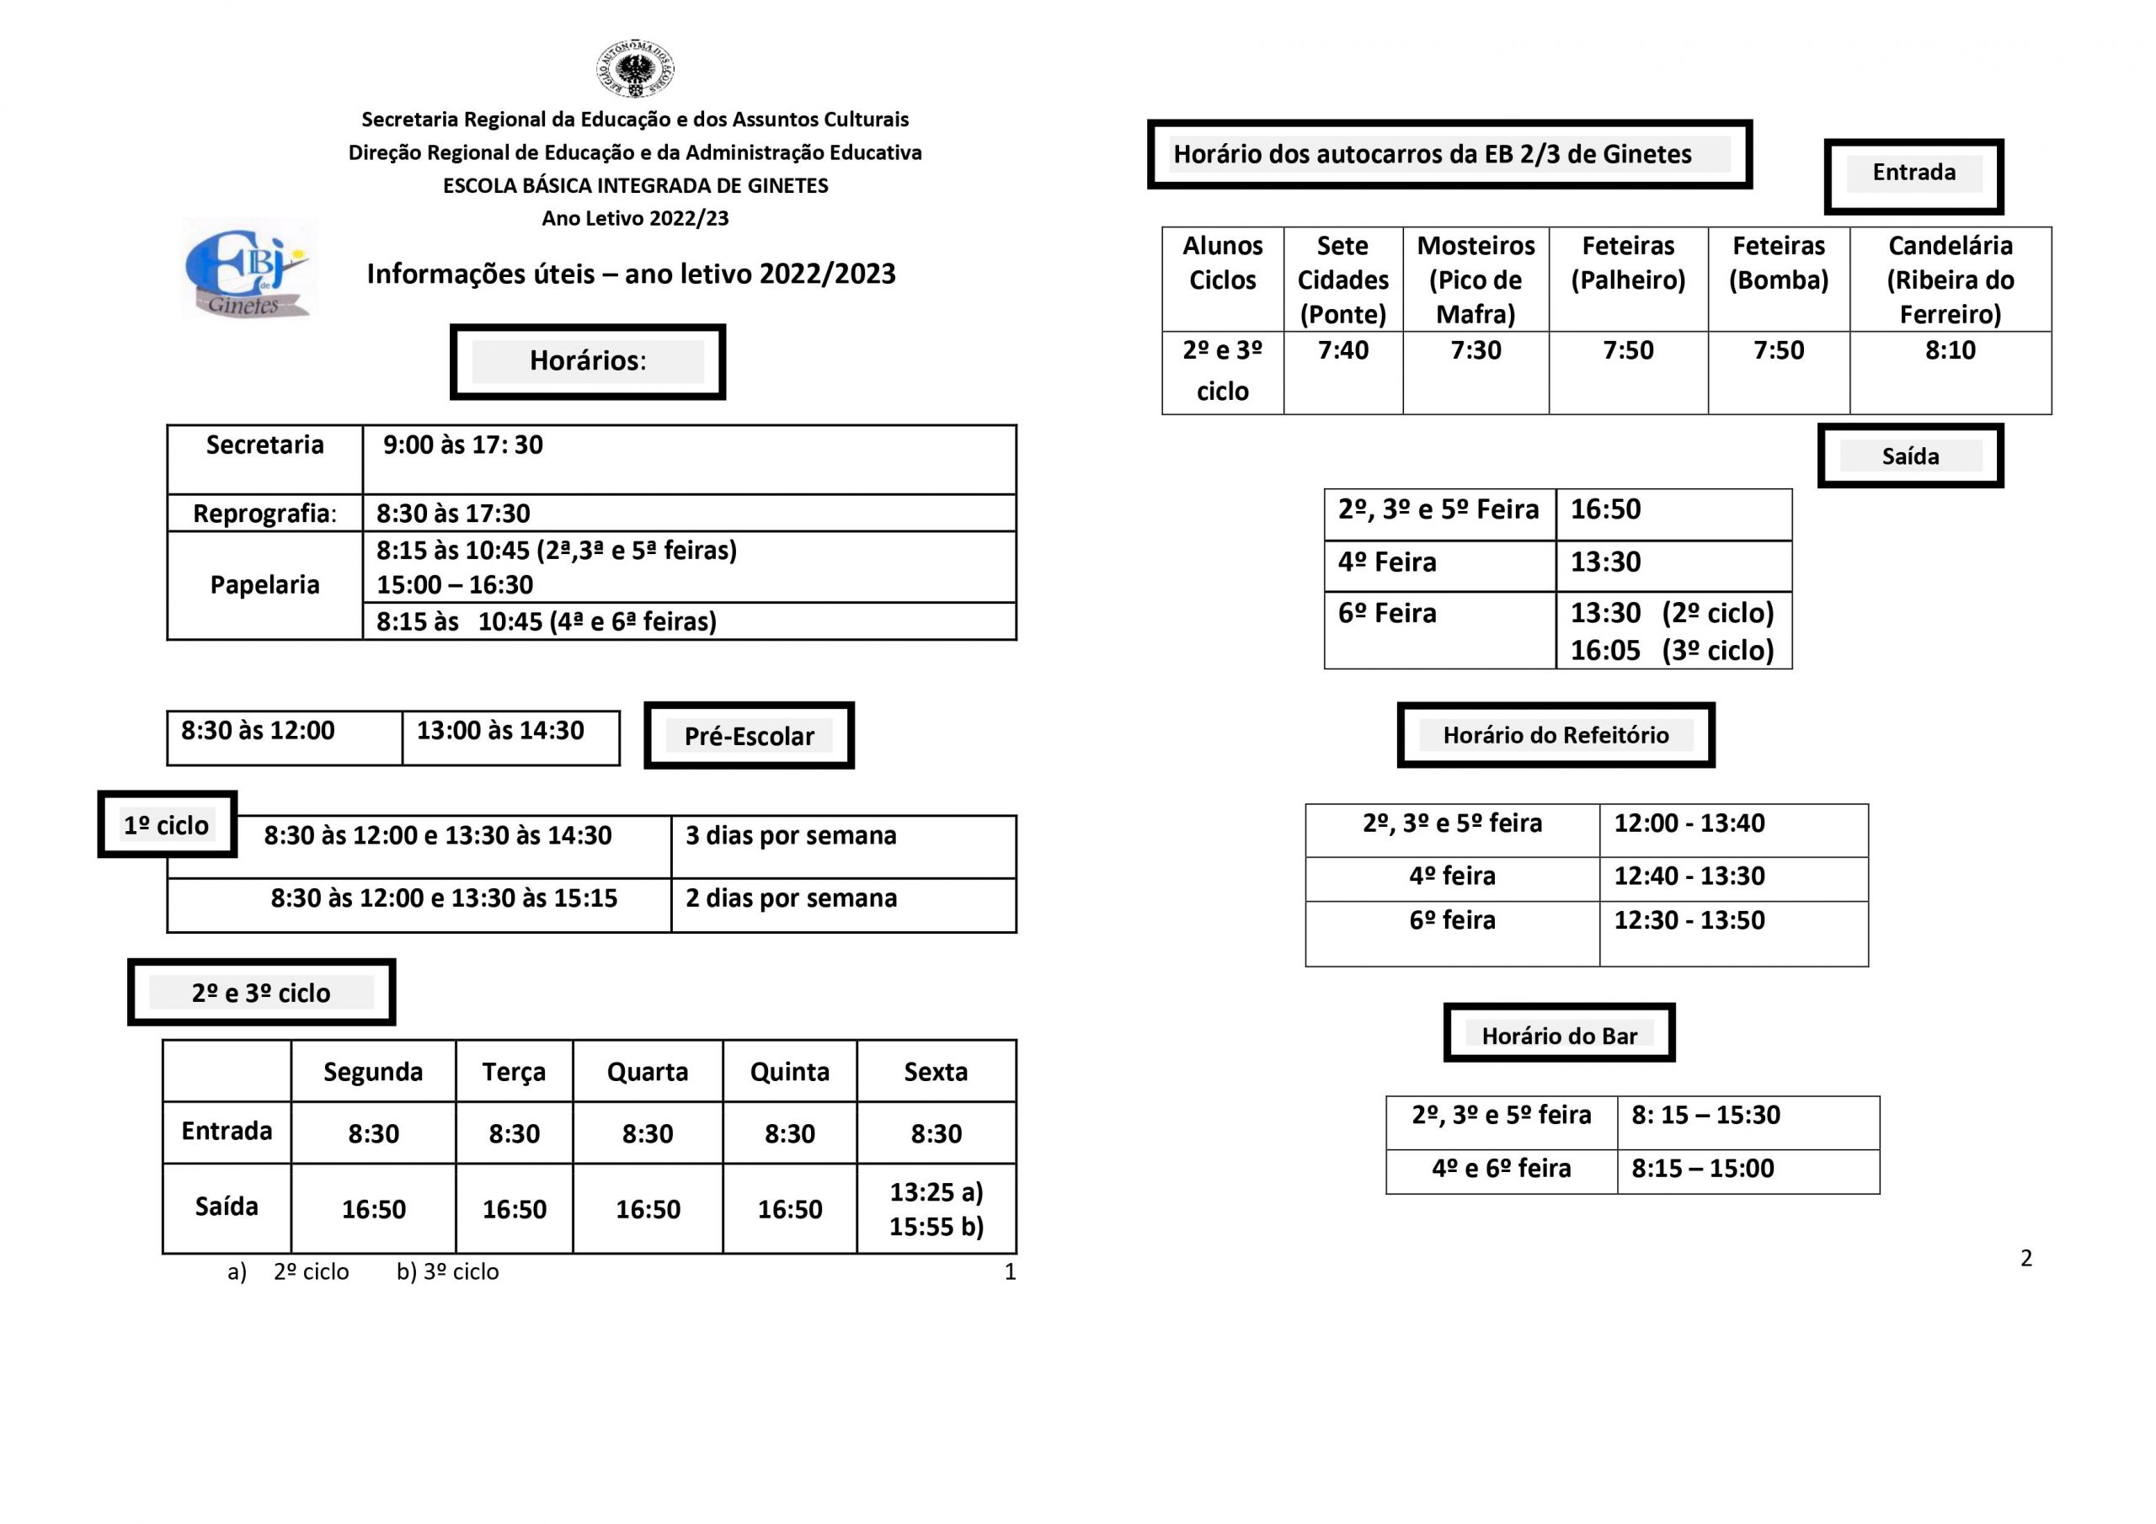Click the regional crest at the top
[x=636, y=68]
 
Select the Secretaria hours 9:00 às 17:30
[x=463, y=445]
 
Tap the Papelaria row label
[x=264, y=585]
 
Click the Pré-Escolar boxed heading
[x=749, y=736]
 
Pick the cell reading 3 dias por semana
[x=791, y=836]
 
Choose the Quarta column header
[x=647, y=1073]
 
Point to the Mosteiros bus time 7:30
[x=1476, y=351]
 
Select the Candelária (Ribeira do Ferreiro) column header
[x=1951, y=280]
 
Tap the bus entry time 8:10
[x=1951, y=351]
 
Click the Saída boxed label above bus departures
[x=1910, y=456]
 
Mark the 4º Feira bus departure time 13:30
[x=1606, y=562]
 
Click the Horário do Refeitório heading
[x=1556, y=735]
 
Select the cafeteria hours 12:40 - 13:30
[x=1689, y=876]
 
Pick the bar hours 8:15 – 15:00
[x=1702, y=1169]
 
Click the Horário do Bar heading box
[x=1559, y=1036]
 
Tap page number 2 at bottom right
[x=2026, y=1258]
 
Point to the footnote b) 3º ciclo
[x=448, y=1272]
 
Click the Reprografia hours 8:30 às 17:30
[x=454, y=514]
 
